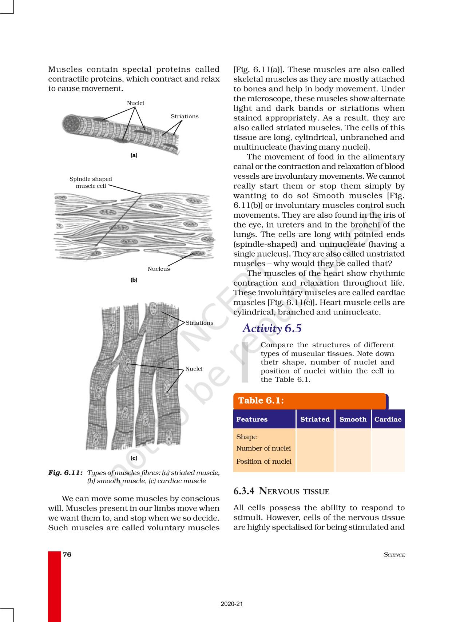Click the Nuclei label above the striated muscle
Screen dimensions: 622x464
135,103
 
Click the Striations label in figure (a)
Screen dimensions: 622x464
185,116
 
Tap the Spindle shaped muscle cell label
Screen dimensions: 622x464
91,182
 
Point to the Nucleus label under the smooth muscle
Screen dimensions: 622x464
159,269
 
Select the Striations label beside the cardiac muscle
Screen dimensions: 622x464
199,323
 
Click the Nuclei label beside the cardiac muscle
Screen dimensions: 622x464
194,369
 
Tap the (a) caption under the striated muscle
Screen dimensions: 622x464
134,155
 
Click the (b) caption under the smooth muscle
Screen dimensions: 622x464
134,280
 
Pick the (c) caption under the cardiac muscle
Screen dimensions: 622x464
134,458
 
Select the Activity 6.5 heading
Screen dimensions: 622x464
272,328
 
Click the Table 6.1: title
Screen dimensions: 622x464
261,401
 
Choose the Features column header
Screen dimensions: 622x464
252,419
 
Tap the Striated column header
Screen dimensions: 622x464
315,419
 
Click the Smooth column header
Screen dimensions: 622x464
353,419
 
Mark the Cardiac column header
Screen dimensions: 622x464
388,419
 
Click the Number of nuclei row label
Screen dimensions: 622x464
263,448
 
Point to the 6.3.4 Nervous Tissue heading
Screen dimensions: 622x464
281,491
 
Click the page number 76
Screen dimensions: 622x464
67,555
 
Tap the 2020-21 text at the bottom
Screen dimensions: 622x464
232,604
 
